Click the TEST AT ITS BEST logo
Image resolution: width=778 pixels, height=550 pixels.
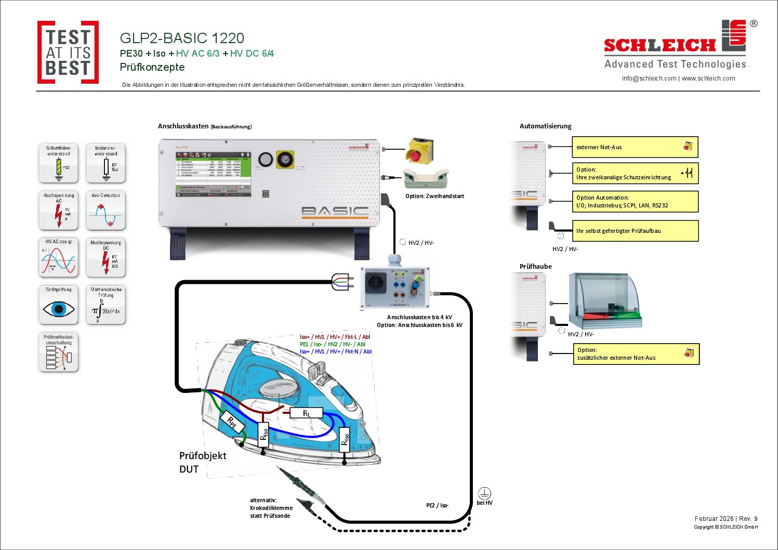(x=68, y=53)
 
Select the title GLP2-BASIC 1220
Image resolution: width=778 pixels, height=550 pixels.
(x=182, y=38)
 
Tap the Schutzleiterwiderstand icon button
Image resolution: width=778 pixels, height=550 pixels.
(x=59, y=163)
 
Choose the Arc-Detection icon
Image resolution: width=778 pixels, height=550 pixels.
(x=106, y=211)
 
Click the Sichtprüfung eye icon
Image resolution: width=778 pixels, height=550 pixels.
(x=59, y=305)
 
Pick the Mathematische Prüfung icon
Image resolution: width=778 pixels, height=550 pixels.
(x=106, y=305)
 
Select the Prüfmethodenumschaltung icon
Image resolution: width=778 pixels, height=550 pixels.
(x=59, y=352)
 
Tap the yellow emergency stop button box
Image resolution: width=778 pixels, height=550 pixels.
(x=419, y=150)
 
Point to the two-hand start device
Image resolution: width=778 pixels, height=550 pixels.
(x=426, y=179)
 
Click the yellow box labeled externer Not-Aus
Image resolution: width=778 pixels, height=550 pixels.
(x=635, y=147)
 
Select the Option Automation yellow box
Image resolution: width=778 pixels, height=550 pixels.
(x=635, y=202)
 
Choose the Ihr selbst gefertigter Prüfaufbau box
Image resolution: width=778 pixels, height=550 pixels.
(x=635, y=231)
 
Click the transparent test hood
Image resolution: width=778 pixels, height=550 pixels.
(x=605, y=300)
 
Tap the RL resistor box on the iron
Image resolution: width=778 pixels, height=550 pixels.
(x=307, y=413)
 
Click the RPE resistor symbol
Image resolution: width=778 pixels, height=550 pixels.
(x=232, y=423)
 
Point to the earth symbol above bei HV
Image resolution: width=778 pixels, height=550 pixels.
(x=484, y=493)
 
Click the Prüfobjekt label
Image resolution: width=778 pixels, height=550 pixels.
(x=203, y=456)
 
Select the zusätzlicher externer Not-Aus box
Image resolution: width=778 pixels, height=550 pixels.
(x=636, y=354)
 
